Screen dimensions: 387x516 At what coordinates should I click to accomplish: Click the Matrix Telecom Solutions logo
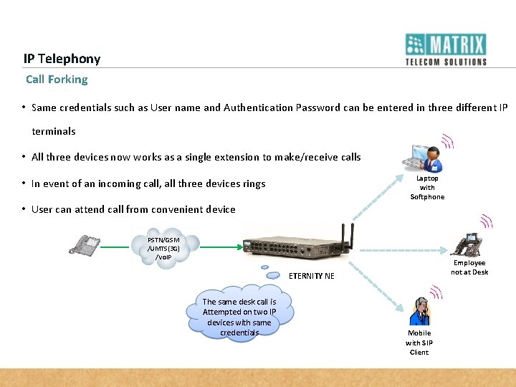coord(446,49)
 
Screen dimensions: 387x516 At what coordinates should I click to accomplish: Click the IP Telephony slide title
coord(62,59)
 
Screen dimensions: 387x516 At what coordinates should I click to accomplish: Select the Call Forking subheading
coord(57,80)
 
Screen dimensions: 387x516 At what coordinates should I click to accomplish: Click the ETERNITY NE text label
coord(311,276)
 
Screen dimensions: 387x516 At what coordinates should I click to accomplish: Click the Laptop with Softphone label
coord(427,188)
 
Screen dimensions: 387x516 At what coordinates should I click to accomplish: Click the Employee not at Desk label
coord(469,267)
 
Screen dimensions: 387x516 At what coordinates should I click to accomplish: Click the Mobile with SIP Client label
coord(419,343)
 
